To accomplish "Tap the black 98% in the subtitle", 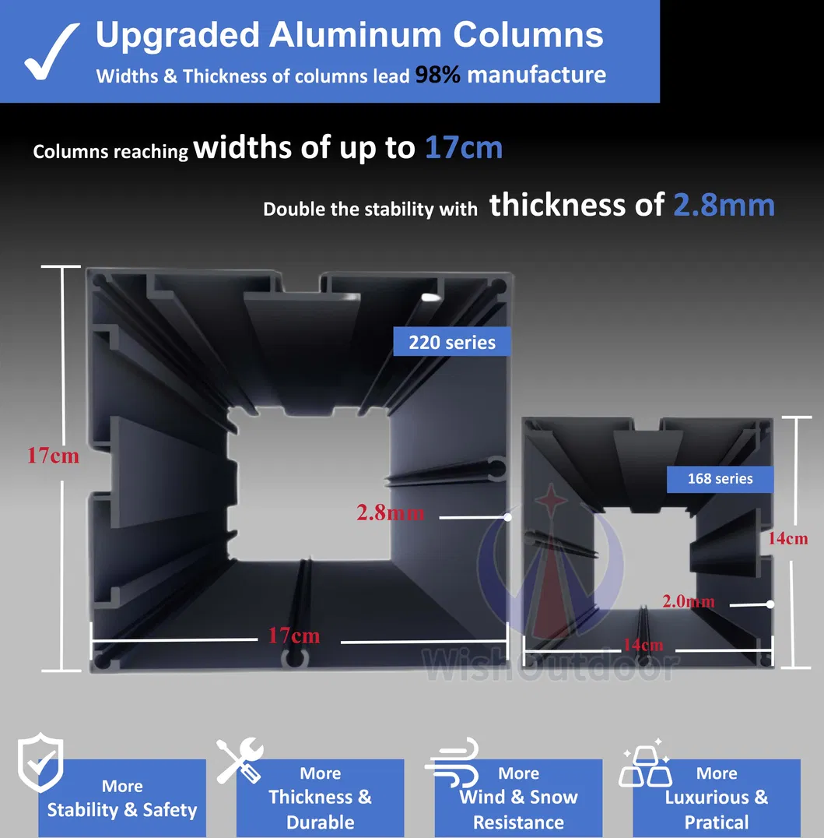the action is coord(437,75).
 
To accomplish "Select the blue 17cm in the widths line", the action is coord(464,147).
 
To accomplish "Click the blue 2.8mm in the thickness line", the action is coord(724,205).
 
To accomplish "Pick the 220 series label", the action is coord(452,342).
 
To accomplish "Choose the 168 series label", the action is coord(720,478).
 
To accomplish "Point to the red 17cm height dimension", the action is coord(53,456).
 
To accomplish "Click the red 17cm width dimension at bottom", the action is coord(294,636).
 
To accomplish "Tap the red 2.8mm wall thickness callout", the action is coord(391,512).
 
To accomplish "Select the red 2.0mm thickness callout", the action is coord(689,601).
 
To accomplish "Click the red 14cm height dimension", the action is coord(787,538).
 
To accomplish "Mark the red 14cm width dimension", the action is coord(643,645).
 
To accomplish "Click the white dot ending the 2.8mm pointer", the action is coord(508,517).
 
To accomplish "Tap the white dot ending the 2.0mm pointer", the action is coord(770,604).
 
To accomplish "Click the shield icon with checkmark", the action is coord(40,762).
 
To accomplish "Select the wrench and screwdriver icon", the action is coord(240,760).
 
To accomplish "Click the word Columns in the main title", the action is coord(528,35).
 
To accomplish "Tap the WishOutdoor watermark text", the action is coord(550,665).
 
